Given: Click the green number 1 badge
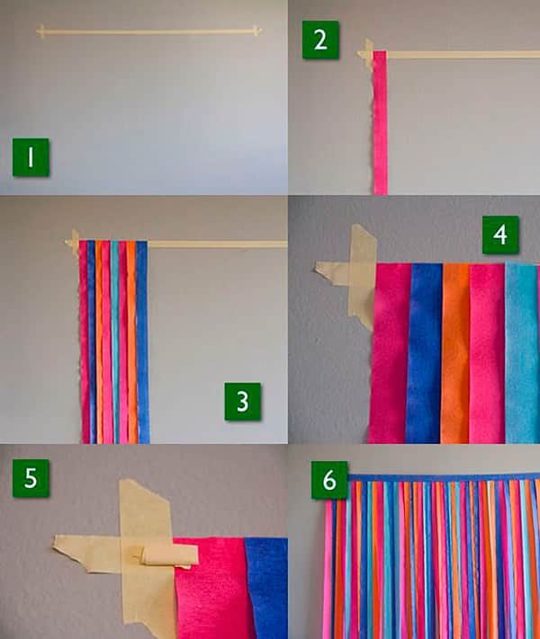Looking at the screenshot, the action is (x=31, y=157).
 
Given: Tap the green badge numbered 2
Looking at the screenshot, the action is (x=320, y=40).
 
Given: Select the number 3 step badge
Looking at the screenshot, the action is (x=242, y=402).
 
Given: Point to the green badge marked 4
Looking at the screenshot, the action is (x=500, y=235).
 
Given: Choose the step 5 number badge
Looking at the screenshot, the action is (x=31, y=478).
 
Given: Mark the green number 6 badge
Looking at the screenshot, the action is (x=329, y=480).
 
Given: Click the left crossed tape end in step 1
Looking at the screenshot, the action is (x=40, y=31).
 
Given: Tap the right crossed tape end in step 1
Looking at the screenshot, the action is (x=256, y=31).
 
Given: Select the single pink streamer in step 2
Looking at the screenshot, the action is (x=380, y=122).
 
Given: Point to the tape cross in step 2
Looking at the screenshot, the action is (x=367, y=54).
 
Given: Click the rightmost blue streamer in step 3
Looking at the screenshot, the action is (x=142, y=342).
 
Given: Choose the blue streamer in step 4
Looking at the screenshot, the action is (x=425, y=353).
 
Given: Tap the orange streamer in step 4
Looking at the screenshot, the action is (x=455, y=353).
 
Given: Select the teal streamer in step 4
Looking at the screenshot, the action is (x=522, y=353).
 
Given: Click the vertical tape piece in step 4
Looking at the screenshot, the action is (x=362, y=276).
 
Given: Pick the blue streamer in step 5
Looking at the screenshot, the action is (x=267, y=588).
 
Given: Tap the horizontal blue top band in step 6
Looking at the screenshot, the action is (x=444, y=477).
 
